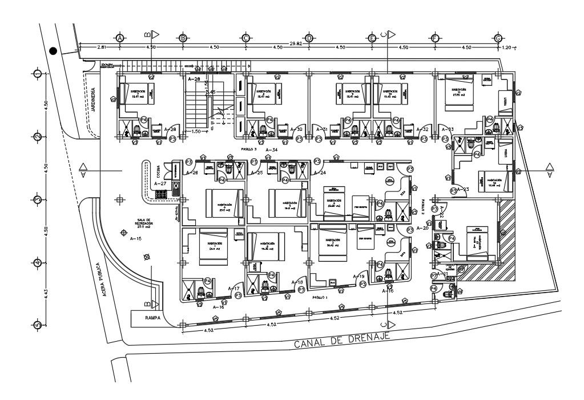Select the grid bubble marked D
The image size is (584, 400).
coord(308,38)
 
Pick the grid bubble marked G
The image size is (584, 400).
coord(498,38)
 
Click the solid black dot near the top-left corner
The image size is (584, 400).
coord(53,51)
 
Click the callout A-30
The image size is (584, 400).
coord(296,130)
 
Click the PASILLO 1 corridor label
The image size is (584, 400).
coord(320,298)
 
